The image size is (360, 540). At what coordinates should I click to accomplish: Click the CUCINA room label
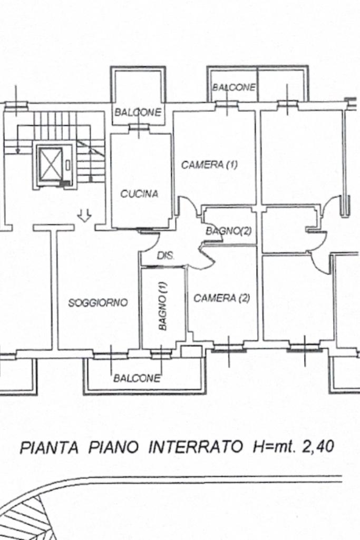click(139, 194)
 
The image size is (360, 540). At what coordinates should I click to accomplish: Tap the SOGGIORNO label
click(98, 303)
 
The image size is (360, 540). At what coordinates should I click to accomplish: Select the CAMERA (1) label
click(209, 165)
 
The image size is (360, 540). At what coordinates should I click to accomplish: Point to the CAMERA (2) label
click(221, 298)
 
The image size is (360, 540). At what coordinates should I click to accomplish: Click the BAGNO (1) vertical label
click(163, 306)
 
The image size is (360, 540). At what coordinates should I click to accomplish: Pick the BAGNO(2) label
click(228, 231)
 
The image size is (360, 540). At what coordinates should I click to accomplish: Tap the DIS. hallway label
click(166, 257)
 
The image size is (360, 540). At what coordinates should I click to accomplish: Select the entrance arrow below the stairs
click(85, 215)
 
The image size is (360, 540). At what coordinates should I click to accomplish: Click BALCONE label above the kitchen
click(138, 112)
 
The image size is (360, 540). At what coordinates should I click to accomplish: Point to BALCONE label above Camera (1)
click(234, 87)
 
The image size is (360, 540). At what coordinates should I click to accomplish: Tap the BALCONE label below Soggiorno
click(137, 378)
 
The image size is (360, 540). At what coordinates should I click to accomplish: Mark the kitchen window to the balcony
click(139, 126)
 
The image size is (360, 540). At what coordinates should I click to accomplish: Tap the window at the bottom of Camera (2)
click(229, 347)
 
